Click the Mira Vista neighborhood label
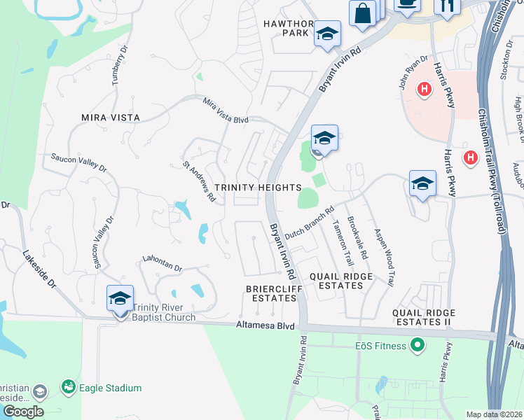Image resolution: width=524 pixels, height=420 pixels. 111,118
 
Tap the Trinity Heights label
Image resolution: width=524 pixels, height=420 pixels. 257,188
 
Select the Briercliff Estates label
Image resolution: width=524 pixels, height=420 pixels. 271,293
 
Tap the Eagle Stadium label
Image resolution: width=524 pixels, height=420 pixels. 110,388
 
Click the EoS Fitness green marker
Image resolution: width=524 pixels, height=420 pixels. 418,345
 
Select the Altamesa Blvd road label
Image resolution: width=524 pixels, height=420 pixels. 266,325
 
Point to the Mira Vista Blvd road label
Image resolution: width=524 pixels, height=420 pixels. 226,111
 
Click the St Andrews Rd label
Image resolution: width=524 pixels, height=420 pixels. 199,182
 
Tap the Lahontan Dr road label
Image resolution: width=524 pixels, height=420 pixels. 162,263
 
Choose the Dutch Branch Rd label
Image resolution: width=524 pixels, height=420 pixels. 309,224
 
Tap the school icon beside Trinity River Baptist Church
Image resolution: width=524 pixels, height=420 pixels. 120,299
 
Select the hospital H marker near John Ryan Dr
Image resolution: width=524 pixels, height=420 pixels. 424,89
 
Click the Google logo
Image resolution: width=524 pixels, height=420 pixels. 23,412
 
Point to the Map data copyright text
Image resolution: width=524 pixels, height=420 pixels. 494,414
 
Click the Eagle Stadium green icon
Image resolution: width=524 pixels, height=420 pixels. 68,386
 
